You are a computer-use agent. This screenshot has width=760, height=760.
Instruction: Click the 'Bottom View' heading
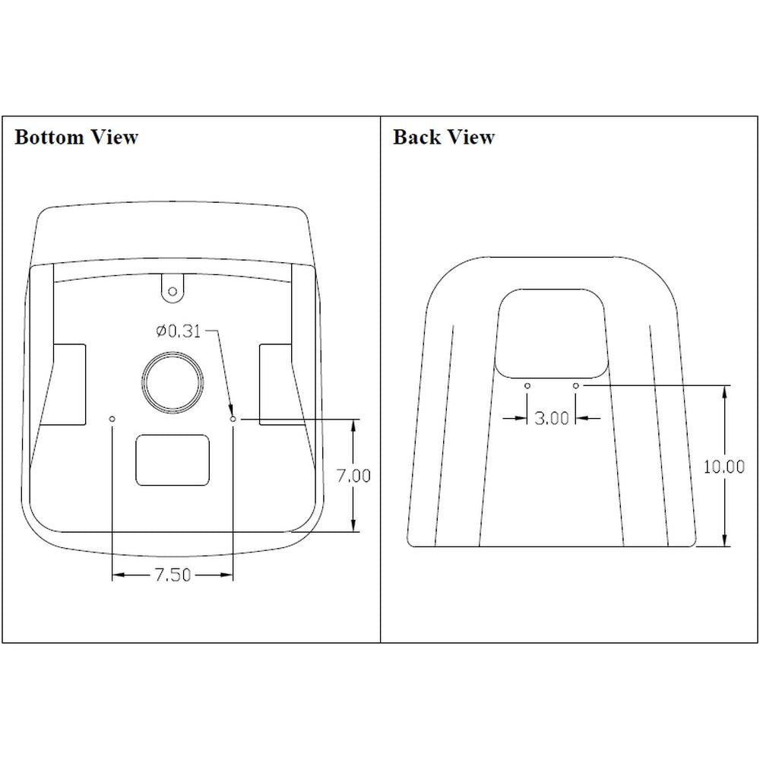77,137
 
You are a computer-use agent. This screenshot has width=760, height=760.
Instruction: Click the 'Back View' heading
444,137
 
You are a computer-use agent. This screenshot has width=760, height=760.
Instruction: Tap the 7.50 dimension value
173,575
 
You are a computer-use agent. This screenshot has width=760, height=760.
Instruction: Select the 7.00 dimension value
354,476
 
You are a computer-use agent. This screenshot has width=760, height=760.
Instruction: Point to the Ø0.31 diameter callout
178,331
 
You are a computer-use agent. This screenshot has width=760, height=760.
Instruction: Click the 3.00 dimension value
552,418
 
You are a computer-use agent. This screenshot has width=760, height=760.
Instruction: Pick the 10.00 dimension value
724,467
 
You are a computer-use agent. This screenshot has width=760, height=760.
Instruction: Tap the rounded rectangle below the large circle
173,460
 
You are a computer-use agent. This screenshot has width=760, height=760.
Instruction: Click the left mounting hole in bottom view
112,419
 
